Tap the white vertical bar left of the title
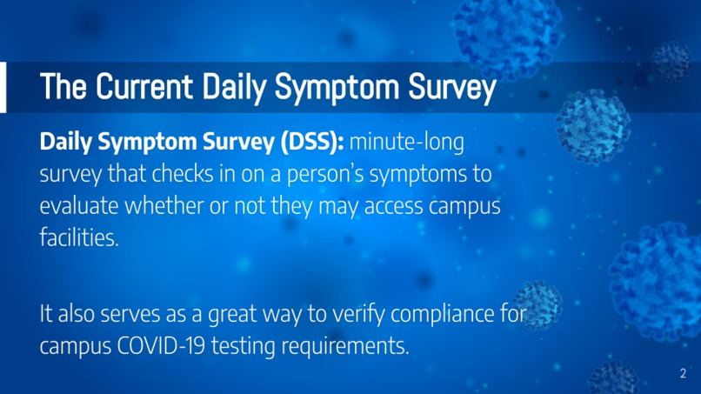(x=3, y=87)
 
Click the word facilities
(x=78, y=237)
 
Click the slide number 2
(x=681, y=375)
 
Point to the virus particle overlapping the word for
(x=537, y=304)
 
